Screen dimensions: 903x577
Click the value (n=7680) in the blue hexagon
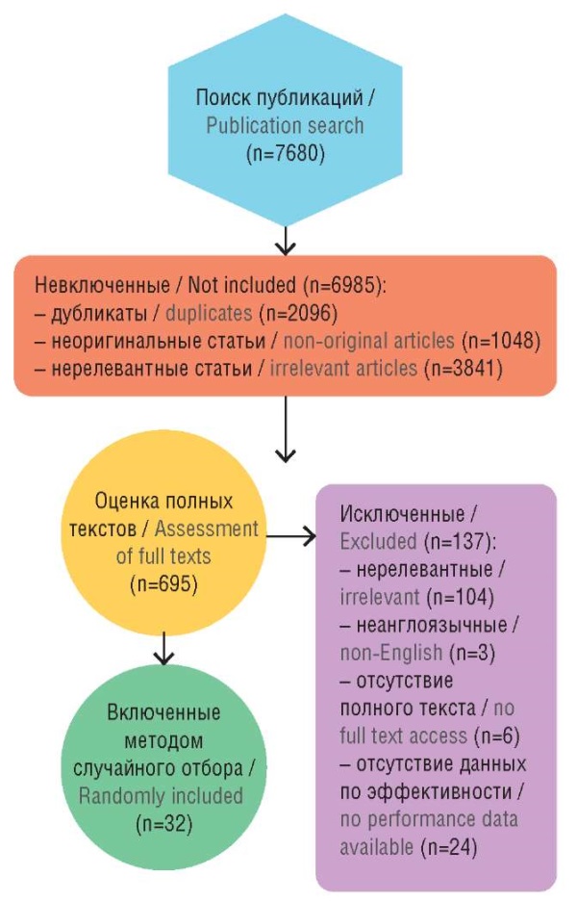click(x=285, y=151)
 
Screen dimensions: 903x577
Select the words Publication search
click(x=285, y=125)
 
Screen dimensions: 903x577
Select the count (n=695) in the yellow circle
click(x=163, y=582)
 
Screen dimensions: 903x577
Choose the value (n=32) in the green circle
click(x=163, y=823)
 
